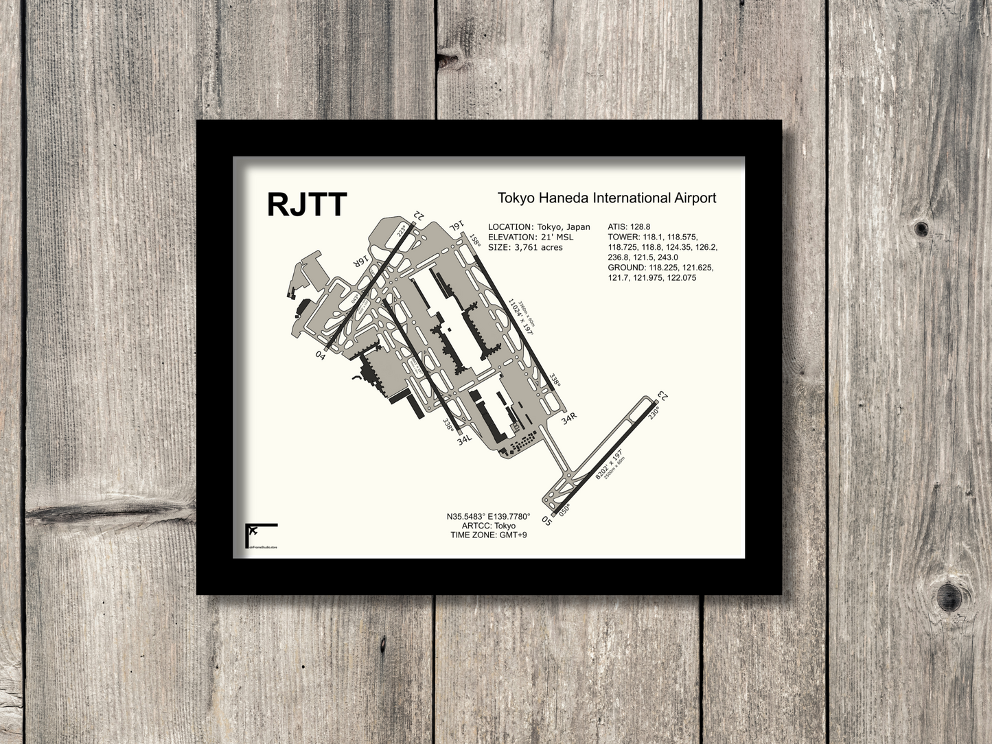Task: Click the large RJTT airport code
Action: (307, 204)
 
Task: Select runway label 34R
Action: (569, 418)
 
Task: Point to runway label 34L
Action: (465, 439)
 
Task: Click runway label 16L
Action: (457, 226)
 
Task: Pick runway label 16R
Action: (362, 261)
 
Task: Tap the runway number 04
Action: (320, 354)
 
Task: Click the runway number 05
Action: (547, 520)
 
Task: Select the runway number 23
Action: (662, 396)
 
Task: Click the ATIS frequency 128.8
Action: (639, 226)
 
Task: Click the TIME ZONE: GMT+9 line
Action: (488, 535)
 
